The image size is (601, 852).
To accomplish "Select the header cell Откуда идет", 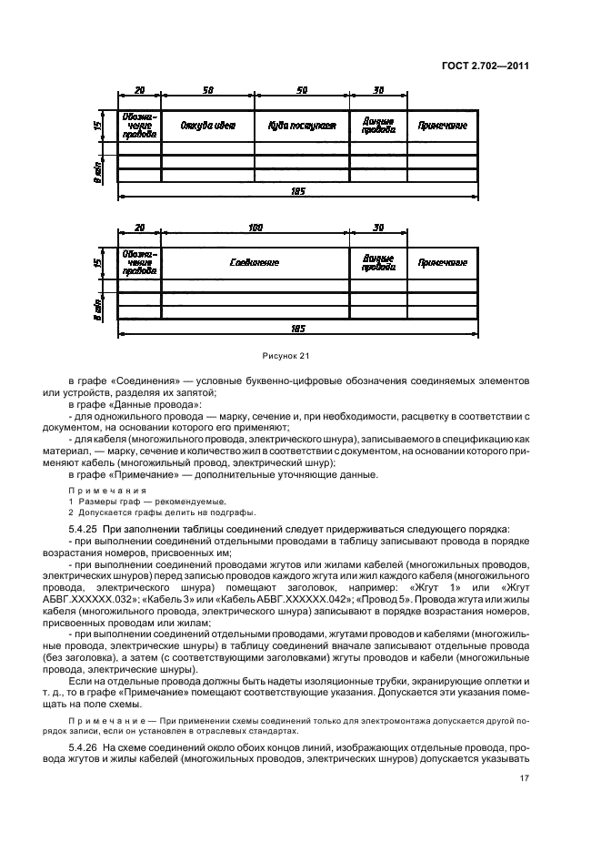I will pyautogui.click(x=207, y=126).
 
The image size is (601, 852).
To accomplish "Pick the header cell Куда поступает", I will pyautogui.click(x=302, y=126).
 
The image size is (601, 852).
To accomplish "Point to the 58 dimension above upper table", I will pyautogui.click(x=207, y=91).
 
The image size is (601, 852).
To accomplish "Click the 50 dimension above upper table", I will pyautogui.click(x=302, y=91).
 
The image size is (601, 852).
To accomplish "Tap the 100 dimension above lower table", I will pyautogui.click(x=255, y=228).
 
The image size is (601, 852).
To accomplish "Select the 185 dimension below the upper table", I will pyautogui.click(x=298, y=191).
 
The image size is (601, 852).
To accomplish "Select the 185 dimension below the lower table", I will pyautogui.click(x=298, y=328).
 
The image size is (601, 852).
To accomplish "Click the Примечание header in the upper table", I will pyautogui.click(x=443, y=126).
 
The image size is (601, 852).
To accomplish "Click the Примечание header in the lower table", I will pyautogui.click(x=443, y=262).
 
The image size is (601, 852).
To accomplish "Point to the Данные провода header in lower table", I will pyautogui.click(x=378, y=262).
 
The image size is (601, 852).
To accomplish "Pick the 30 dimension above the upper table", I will pyautogui.click(x=378, y=91).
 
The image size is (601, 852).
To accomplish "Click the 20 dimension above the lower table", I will pyautogui.click(x=139, y=228).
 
